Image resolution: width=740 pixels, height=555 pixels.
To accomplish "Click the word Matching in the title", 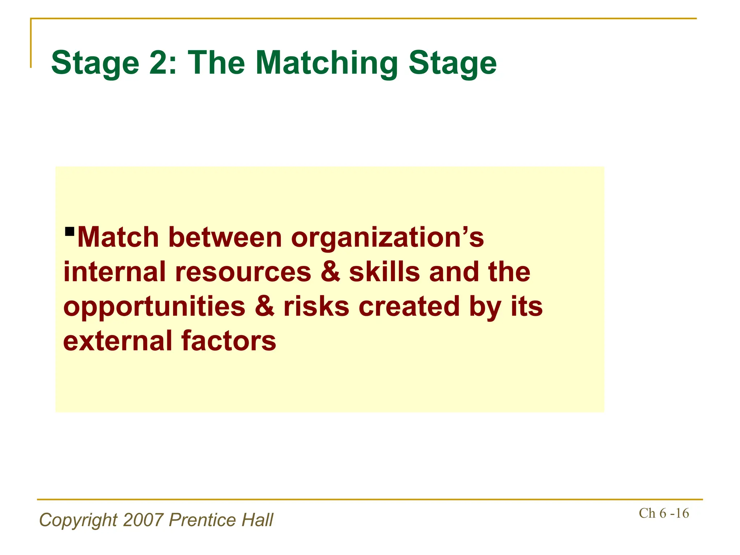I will click(326, 63).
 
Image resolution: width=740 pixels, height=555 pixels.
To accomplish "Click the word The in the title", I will click(216, 63).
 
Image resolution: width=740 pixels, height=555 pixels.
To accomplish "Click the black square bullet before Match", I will click(69, 231).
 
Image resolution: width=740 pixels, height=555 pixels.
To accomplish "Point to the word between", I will click(225, 238).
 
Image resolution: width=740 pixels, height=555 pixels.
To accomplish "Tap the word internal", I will click(115, 272).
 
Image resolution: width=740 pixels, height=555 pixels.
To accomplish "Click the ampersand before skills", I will click(330, 272).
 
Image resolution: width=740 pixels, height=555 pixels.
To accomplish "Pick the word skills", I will click(384, 272).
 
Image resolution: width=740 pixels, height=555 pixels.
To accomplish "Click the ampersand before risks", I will click(264, 306).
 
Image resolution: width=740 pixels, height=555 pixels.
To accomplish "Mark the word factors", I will click(228, 341).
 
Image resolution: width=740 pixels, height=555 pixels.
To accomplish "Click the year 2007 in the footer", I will click(143, 520).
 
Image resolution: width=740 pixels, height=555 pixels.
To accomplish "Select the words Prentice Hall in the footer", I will click(221, 520).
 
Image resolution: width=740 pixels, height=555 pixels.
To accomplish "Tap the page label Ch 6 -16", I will click(664, 513).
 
